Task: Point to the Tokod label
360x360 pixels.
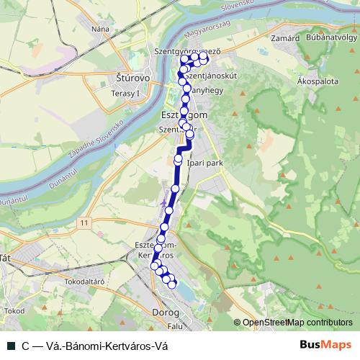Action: pyautogui.click(x=14, y=310)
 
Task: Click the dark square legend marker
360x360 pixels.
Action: pyautogui.click(x=9, y=346)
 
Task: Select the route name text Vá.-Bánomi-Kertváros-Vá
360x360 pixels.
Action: pyautogui.click(x=100, y=346)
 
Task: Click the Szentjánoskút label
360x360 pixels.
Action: pyautogui.click(x=209, y=74)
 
